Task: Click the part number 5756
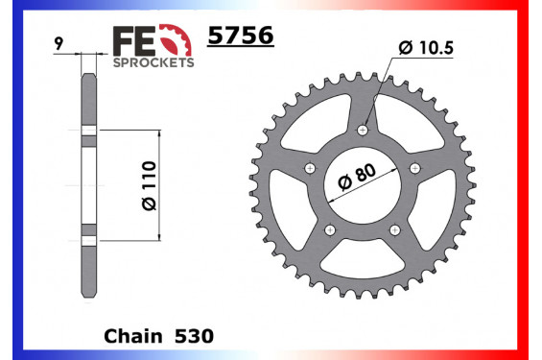click(241, 36)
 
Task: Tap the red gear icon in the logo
click(171, 38)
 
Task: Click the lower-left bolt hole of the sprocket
click(330, 230)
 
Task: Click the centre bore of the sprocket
click(364, 183)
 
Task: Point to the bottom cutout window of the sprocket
click(364, 257)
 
